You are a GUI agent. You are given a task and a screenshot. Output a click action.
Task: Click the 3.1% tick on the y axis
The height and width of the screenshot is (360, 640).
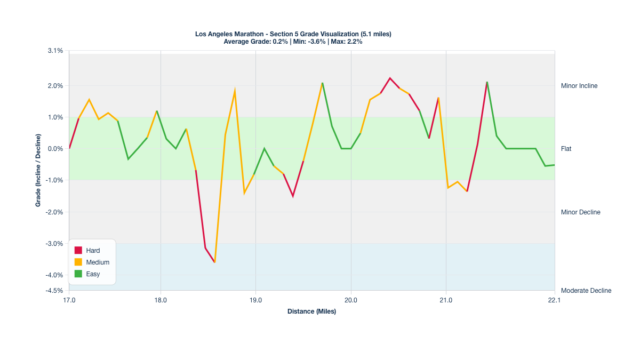(x=55, y=51)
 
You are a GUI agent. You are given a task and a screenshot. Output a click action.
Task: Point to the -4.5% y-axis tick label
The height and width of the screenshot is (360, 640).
(x=54, y=291)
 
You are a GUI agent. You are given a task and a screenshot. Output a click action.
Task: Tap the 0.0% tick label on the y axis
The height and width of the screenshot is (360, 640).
(x=55, y=149)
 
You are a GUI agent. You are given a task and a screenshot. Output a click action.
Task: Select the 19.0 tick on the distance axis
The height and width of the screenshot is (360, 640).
(x=255, y=300)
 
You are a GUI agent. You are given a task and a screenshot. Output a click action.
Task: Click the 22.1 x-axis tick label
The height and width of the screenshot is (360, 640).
(x=555, y=300)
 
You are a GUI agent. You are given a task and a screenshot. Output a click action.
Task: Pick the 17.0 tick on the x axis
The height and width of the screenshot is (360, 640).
(x=69, y=300)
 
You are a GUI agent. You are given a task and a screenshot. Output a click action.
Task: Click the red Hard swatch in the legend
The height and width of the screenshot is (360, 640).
(x=78, y=251)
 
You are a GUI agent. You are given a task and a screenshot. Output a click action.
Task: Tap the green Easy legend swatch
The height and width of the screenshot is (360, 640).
(x=78, y=274)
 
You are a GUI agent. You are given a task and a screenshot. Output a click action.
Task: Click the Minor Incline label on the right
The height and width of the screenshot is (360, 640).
(x=579, y=86)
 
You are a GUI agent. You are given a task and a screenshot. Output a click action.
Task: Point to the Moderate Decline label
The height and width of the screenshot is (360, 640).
(x=586, y=291)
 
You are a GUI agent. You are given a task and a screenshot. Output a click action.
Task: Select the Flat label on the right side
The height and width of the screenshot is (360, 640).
(x=566, y=149)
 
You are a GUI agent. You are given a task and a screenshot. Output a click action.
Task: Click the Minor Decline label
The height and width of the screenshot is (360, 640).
(x=580, y=212)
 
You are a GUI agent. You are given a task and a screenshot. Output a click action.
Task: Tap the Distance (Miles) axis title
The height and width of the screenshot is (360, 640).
(x=311, y=311)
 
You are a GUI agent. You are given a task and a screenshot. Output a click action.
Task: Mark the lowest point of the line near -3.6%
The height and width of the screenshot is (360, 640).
(x=214, y=262)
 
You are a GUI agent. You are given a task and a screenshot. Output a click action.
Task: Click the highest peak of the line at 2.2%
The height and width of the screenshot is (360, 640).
(x=390, y=78)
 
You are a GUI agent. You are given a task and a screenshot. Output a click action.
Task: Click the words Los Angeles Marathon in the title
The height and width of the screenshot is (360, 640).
(x=230, y=34)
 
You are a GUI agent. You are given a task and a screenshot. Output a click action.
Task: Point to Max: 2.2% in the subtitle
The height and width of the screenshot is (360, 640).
(x=347, y=42)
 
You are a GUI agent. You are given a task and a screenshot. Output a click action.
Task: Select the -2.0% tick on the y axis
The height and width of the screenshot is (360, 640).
(x=55, y=212)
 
